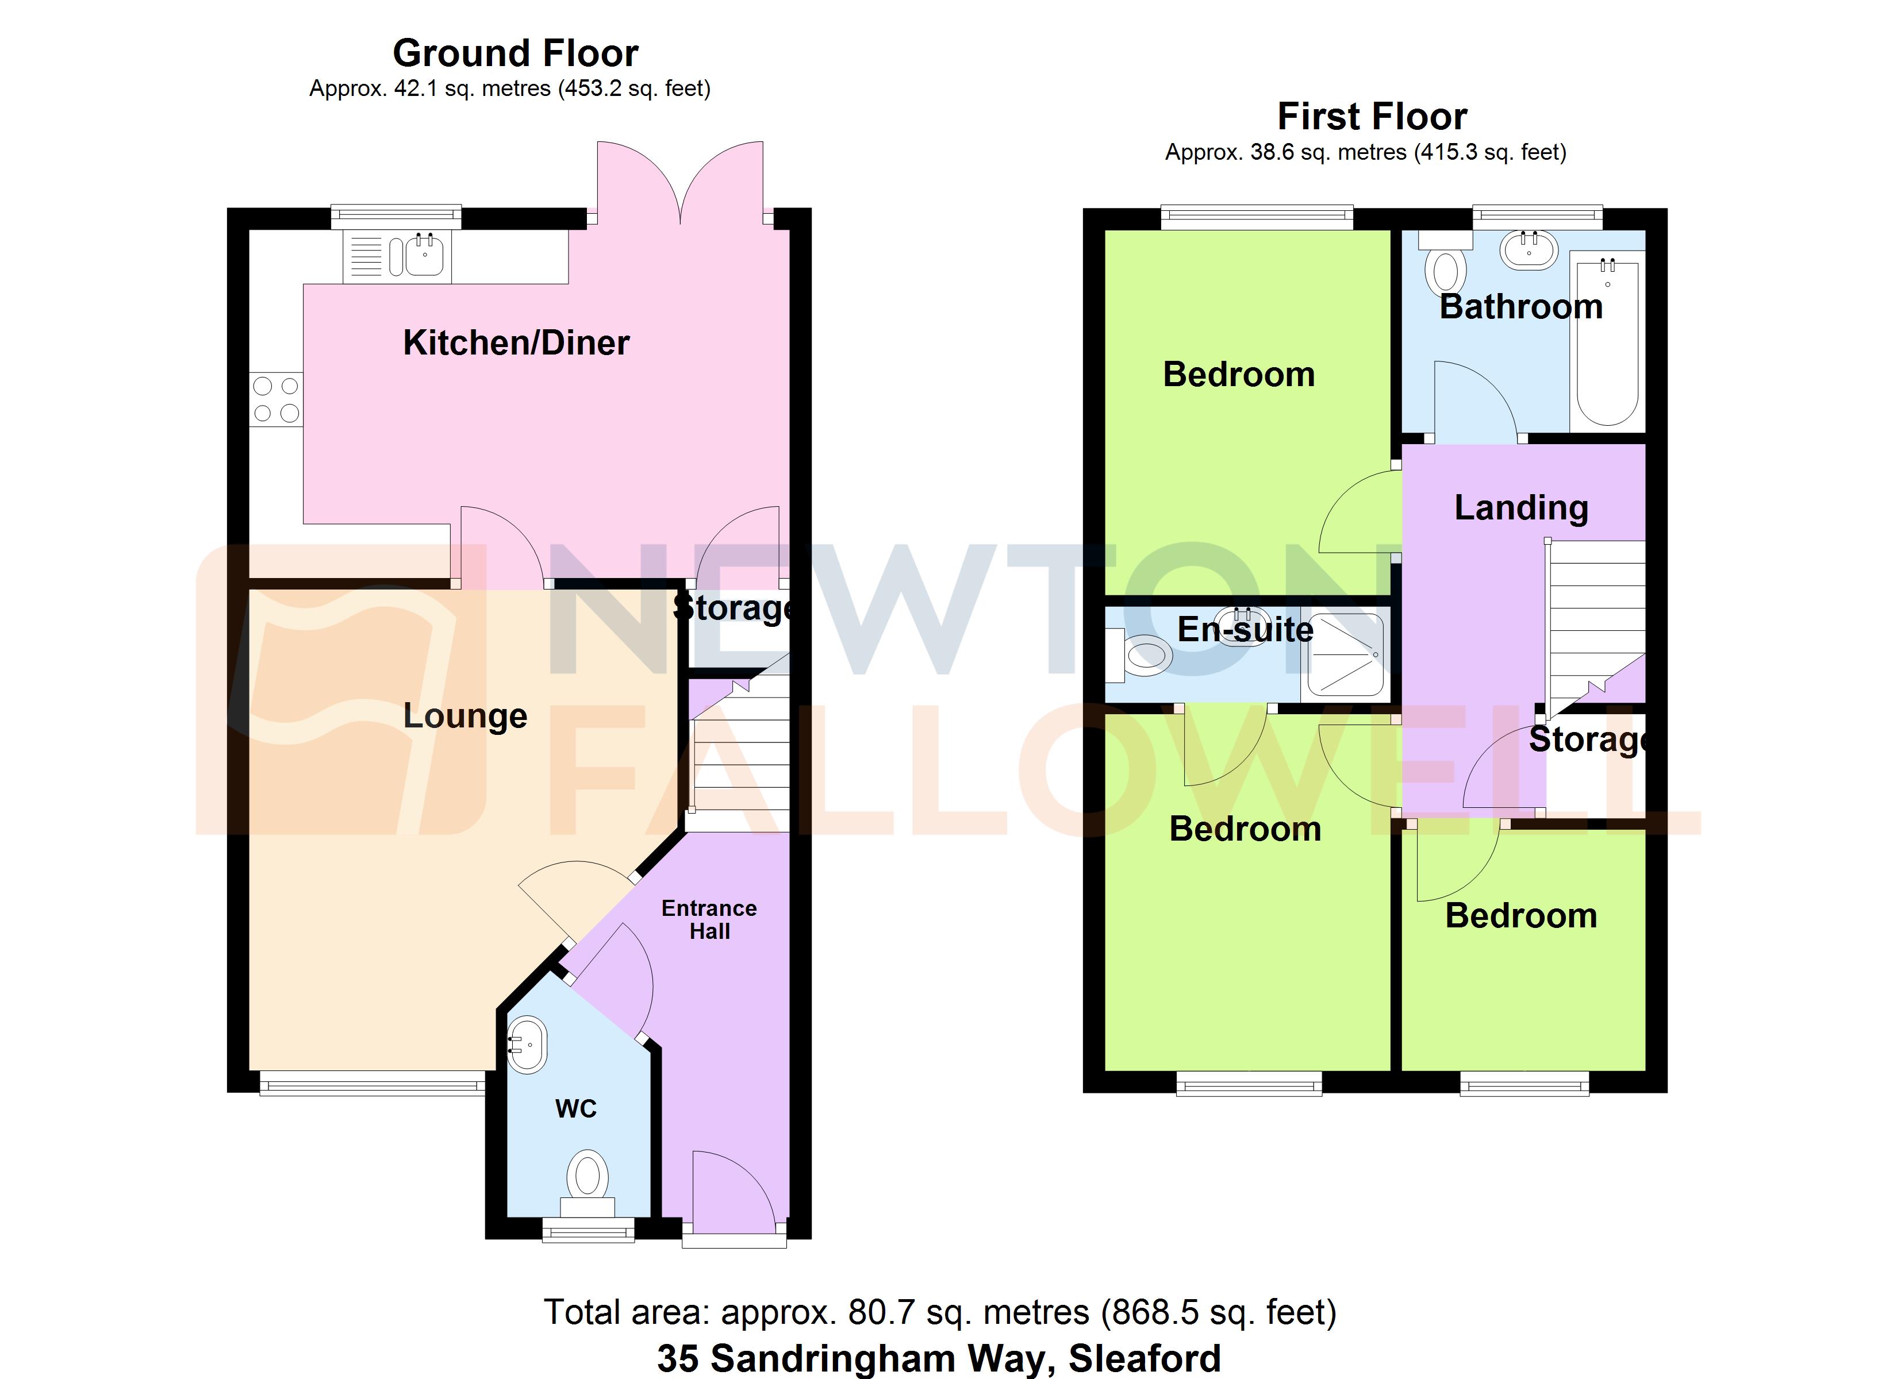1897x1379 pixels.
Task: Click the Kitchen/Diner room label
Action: [x=516, y=343]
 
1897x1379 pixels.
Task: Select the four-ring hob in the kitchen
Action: [x=276, y=399]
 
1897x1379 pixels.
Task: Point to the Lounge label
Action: [x=465, y=716]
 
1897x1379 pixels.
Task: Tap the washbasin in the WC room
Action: [x=528, y=1045]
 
